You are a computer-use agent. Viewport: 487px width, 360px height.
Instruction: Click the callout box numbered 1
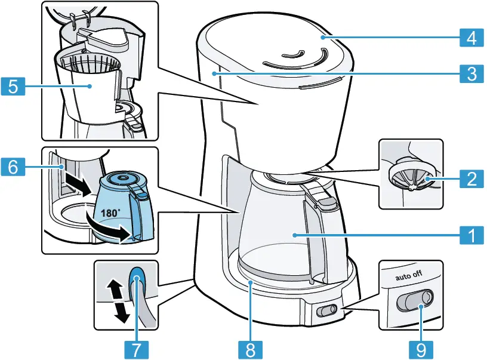471,235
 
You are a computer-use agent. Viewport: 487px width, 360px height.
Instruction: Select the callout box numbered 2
471,178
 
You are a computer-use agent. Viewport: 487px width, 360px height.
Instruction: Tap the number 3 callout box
471,74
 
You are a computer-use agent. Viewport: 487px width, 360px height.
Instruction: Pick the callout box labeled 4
471,38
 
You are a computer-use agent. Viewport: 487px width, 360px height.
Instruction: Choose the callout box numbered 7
137,348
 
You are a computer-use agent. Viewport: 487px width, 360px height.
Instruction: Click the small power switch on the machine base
326,311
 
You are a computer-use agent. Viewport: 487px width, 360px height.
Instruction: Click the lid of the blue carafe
124,180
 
